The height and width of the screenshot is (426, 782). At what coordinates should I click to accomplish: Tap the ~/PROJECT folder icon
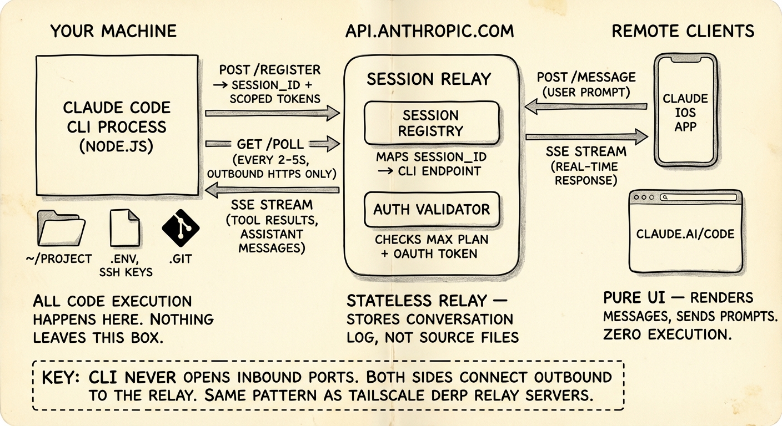(61, 229)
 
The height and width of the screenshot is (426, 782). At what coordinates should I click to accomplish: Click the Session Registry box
(432, 123)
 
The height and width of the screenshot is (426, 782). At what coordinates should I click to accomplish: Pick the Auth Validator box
(432, 210)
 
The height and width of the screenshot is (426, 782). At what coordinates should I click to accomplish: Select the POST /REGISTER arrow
(272, 113)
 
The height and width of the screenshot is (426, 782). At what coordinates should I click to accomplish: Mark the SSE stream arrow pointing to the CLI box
(272, 190)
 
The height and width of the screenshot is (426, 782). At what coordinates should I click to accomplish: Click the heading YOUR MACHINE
(113, 31)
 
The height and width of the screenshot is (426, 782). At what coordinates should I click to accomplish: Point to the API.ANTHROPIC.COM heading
(429, 31)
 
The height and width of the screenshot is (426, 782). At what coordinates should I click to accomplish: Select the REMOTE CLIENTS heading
(683, 31)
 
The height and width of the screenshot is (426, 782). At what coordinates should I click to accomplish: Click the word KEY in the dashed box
(62, 378)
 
